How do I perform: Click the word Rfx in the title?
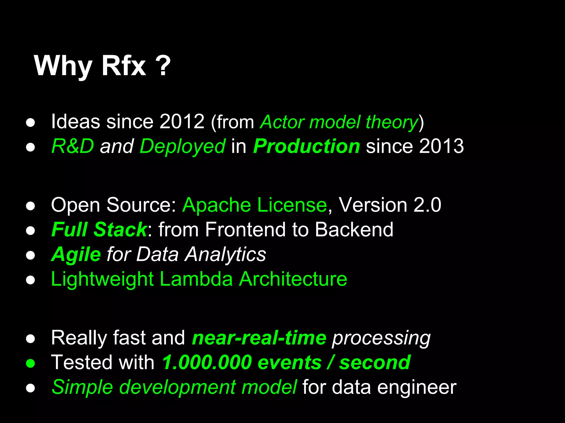tap(124, 66)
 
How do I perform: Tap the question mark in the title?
tap(165, 66)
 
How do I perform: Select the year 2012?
tap(182, 121)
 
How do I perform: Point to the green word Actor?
tap(282, 122)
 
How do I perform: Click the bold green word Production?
tap(307, 146)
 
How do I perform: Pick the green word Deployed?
tap(183, 147)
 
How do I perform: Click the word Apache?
tap(217, 205)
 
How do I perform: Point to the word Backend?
tap(354, 229)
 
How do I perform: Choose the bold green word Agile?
tap(76, 254)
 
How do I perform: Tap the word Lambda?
tap(196, 279)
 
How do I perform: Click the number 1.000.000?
tap(207, 362)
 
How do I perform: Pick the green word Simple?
tap(82, 387)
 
